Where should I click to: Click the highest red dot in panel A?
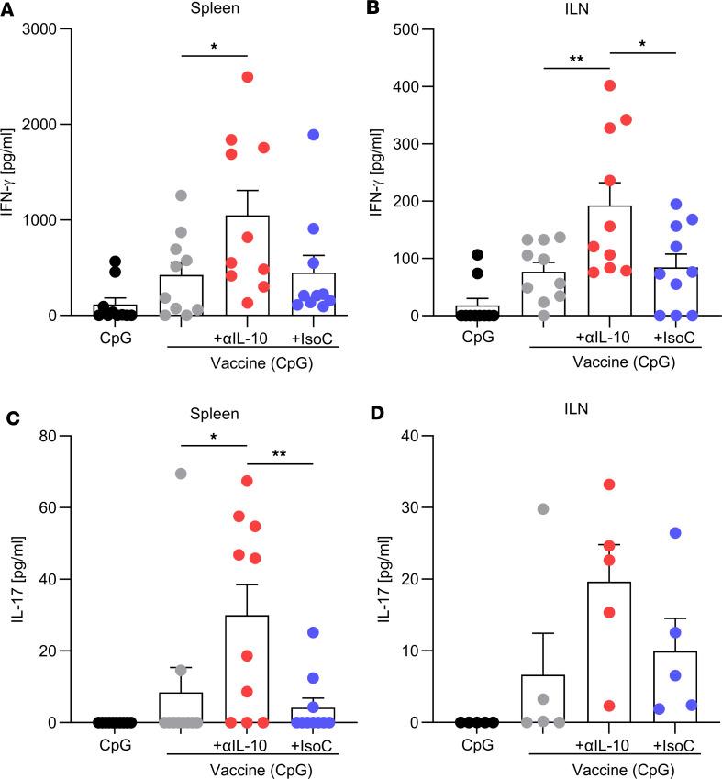248,76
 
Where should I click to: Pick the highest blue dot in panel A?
313,135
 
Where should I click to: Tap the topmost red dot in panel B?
609,85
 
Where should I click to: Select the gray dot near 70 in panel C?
182,473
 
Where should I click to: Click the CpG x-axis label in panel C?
116,742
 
